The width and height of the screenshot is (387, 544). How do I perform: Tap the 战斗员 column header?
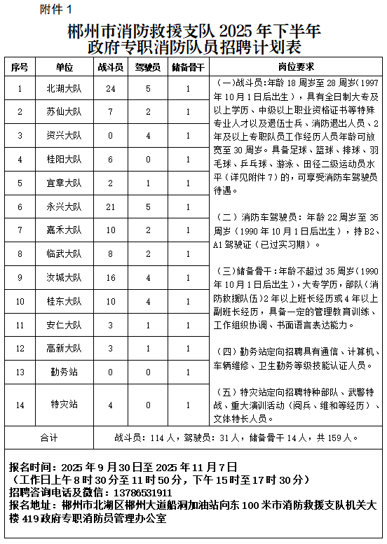tap(110, 67)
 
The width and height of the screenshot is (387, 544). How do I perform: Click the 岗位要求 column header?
tap(295, 67)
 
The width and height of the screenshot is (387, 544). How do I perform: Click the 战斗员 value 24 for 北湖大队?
tap(110, 89)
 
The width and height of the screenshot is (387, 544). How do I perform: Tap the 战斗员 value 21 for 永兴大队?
tap(110, 207)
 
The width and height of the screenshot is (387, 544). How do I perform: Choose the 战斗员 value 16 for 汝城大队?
tap(110, 278)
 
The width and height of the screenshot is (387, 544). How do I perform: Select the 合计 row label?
tap(49, 438)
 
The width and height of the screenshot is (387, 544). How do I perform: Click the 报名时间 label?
tap(34, 466)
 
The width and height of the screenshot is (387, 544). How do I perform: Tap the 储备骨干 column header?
tap(187, 67)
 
